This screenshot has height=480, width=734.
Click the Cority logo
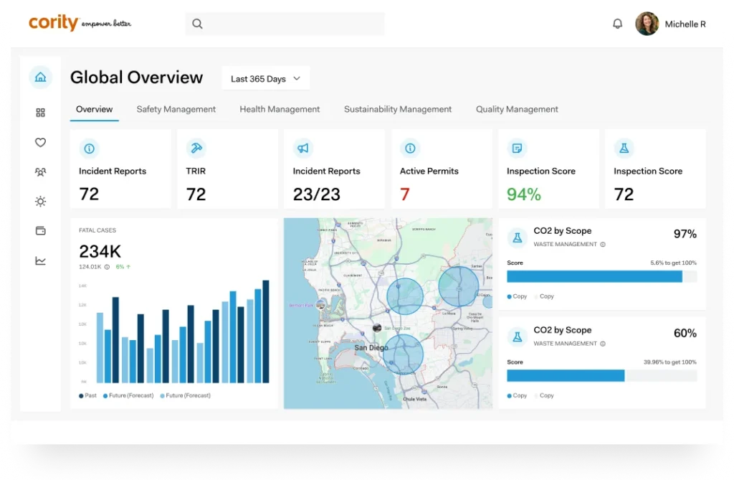click(x=54, y=23)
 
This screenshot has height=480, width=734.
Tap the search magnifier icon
click(x=198, y=24)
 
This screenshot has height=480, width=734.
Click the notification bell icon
click(x=617, y=24)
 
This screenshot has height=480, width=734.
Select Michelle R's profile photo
click(x=647, y=24)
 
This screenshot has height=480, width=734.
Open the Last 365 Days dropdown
click(x=265, y=79)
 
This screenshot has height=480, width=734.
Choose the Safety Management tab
click(x=176, y=109)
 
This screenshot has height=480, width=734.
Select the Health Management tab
click(x=280, y=109)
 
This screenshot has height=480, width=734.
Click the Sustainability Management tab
click(x=398, y=109)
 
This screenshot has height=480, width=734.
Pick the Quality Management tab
click(x=517, y=109)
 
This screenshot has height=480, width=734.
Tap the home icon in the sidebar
click(x=40, y=77)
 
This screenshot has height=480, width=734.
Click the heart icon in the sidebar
click(x=40, y=143)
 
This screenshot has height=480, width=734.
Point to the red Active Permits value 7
click(x=405, y=194)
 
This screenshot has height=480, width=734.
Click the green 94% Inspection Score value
click(x=523, y=194)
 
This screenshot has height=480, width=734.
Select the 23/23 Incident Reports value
click(x=316, y=194)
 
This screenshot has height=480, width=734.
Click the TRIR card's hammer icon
click(x=196, y=148)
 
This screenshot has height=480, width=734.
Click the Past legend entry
click(x=87, y=395)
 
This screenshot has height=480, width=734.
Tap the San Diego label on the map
click(x=371, y=348)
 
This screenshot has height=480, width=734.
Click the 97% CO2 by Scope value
click(x=685, y=234)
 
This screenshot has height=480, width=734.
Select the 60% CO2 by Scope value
click(x=685, y=333)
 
